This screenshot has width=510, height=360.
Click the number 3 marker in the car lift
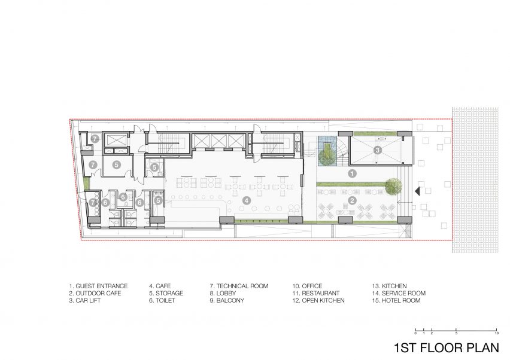point(377,150)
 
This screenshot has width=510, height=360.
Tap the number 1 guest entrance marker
point(352,173)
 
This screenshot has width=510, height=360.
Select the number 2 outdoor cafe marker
point(352,200)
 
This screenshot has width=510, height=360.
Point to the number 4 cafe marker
point(247,200)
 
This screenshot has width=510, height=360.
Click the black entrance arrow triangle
point(418,192)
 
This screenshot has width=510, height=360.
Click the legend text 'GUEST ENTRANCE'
point(102,286)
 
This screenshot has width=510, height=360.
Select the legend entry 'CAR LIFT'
point(88,301)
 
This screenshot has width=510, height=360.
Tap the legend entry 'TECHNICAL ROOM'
point(242,286)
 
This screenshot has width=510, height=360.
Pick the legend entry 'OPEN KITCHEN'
point(323,301)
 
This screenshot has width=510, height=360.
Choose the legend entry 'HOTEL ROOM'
point(401,301)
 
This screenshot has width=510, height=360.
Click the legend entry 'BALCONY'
point(230,301)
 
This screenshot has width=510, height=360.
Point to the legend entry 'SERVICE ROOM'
point(403,294)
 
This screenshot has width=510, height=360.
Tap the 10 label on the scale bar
point(496,333)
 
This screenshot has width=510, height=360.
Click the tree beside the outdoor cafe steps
point(393,186)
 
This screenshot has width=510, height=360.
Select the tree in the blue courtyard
point(326,156)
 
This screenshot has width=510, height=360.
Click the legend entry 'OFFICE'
point(312,286)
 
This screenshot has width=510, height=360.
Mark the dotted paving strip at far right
point(475,179)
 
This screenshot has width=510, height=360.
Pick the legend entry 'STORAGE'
point(169,294)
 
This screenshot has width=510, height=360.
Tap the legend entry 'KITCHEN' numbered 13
point(394,286)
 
